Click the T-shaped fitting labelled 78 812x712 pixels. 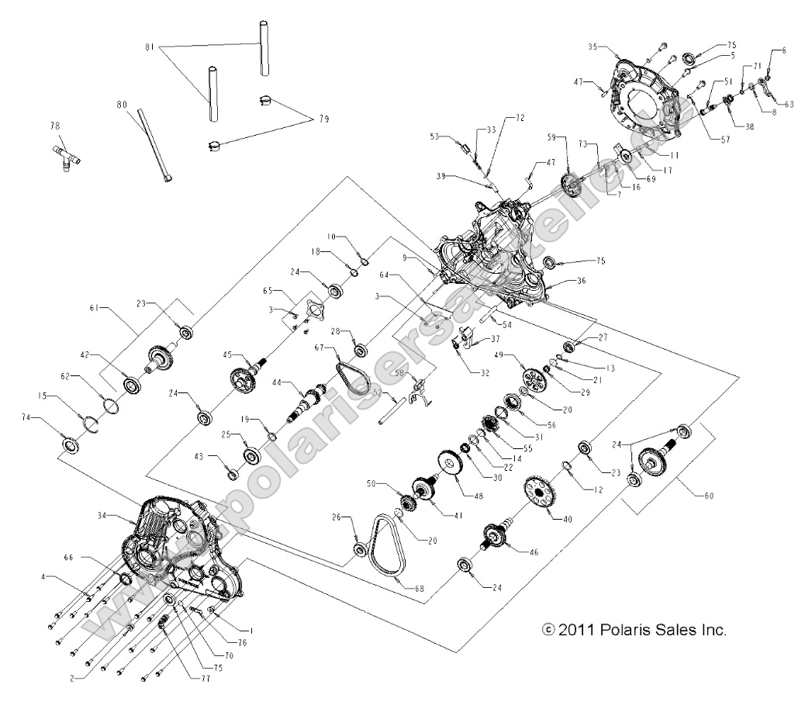[x=66, y=158]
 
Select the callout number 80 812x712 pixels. [x=121, y=104]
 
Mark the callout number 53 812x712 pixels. [x=434, y=137]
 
